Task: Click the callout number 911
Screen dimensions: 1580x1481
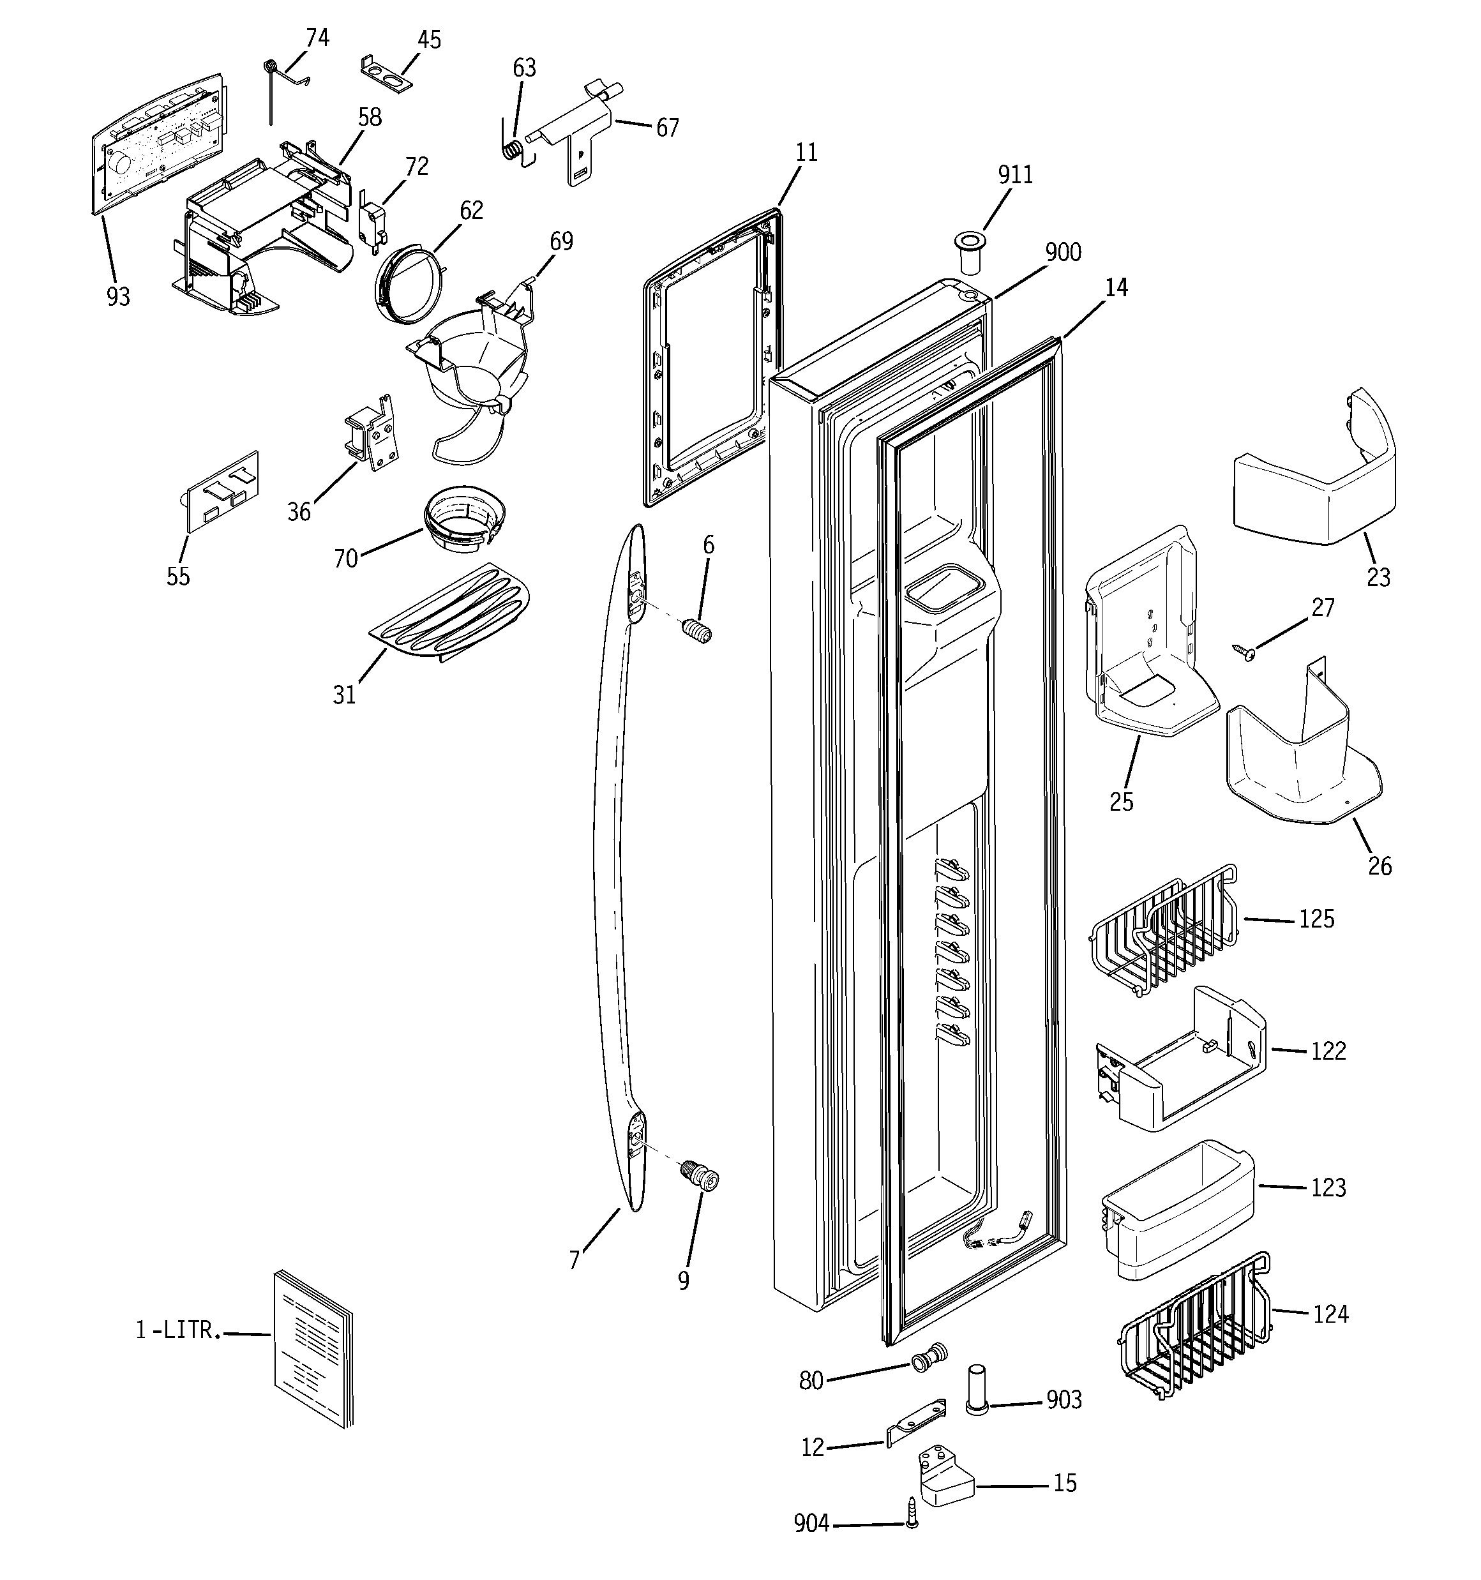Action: coord(1015,175)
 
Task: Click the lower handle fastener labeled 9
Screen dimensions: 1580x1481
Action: coord(700,1175)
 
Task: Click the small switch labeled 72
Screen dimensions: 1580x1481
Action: coord(372,222)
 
